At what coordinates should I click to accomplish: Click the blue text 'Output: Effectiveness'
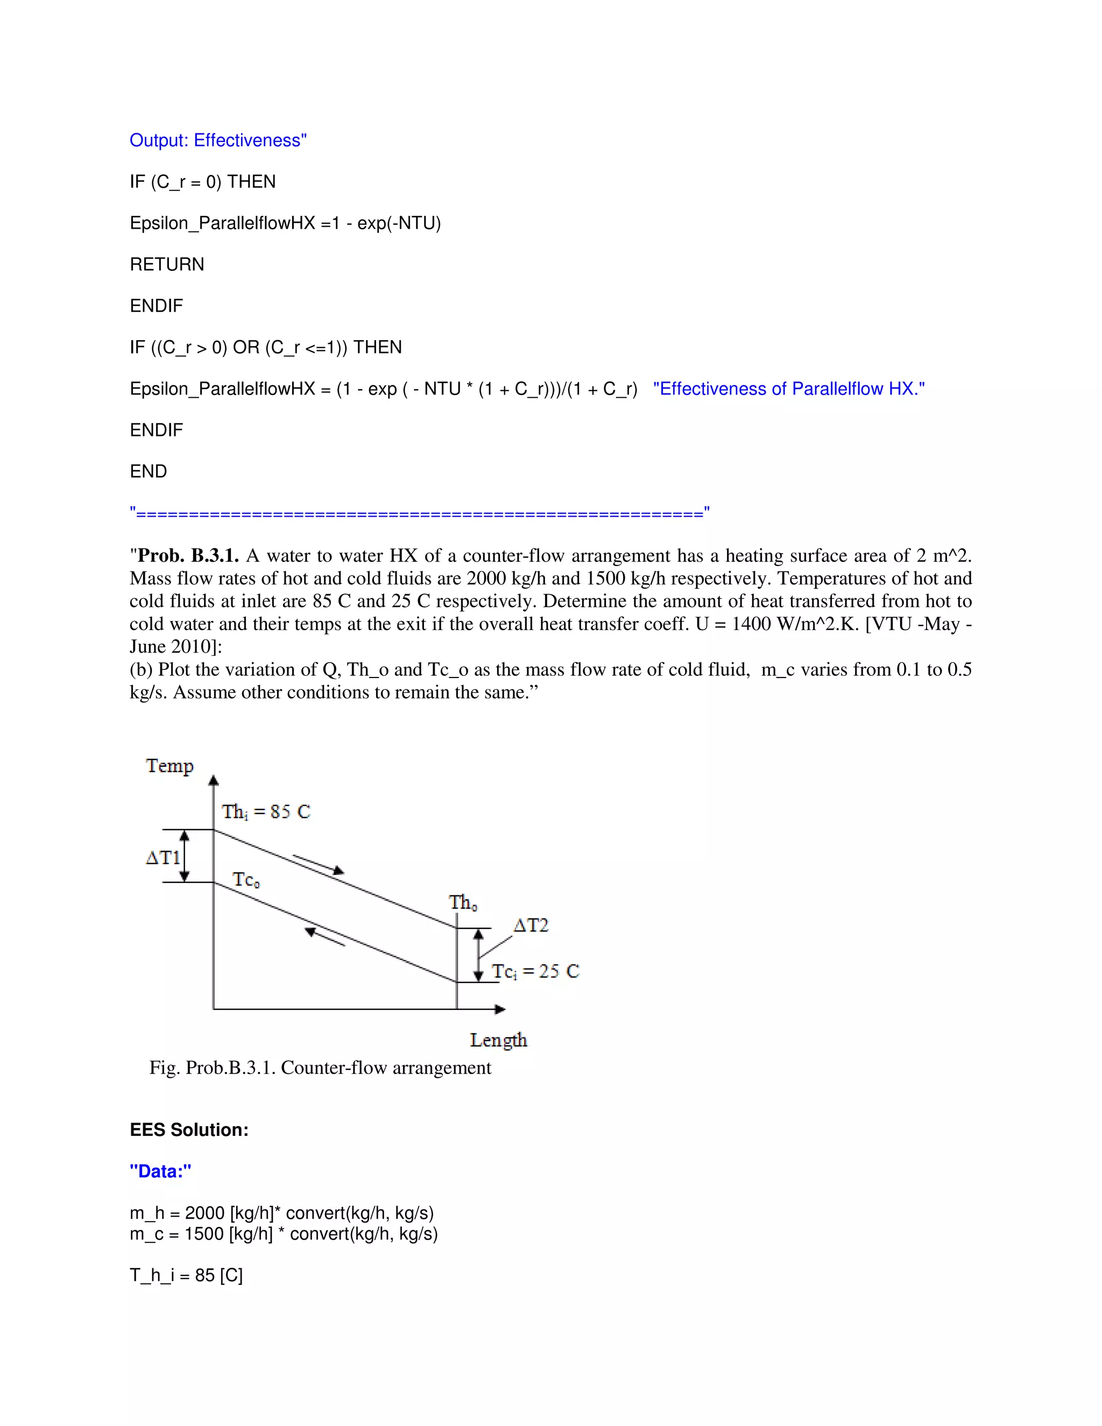[x=217, y=140]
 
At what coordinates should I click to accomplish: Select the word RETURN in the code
[x=167, y=264]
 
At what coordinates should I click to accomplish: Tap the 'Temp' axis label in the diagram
[x=169, y=765]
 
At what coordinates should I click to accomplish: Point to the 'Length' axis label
[x=498, y=1040]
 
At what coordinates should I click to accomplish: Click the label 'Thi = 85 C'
[x=266, y=811]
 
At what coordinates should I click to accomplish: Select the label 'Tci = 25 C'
[x=535, y=971]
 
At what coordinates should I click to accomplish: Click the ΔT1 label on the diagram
[x=163, y=857]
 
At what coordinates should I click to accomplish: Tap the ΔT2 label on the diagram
[x=531, y=925]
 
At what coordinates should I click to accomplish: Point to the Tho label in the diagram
[x=463, y=902]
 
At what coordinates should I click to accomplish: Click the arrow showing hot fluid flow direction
[x=319, y=864]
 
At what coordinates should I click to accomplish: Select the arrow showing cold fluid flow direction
[x=324, y=936]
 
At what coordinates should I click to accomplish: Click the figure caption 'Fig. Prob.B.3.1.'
[x=320, y=1068]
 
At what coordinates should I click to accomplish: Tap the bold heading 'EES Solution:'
[x=189, y=1130]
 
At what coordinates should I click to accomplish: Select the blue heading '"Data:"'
[x=160, y=1171]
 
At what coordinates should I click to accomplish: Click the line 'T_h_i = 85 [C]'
[x=186, y=1275]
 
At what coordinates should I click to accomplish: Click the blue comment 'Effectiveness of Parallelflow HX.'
[x=789, y=389]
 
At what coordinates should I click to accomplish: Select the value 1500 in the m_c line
[x=204, y=1234]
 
